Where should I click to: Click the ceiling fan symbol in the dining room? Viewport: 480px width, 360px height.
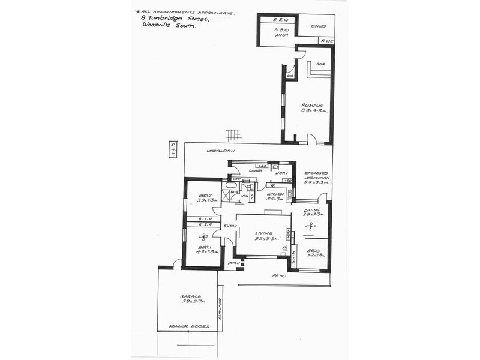click(x=310, y=226)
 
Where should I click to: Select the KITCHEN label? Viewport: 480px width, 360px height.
click(x=275, y=194)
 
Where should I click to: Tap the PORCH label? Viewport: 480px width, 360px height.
click(x=234, y=263)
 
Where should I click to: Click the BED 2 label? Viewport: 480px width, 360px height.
click(x=204, y=196)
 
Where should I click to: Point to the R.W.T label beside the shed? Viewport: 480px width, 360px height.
click(x=327, y=40)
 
